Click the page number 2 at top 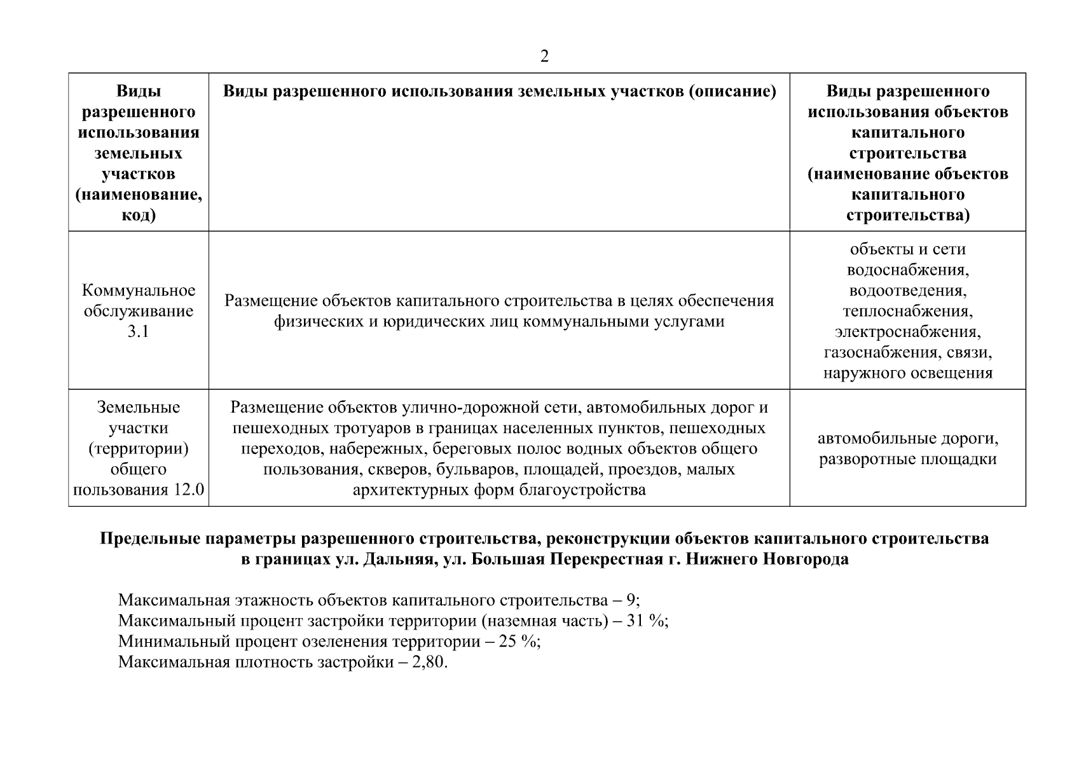pos(544,57)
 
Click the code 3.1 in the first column pos(138,332)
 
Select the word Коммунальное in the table pos(139,291)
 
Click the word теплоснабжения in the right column pos(907,312)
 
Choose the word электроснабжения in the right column pos(907,332)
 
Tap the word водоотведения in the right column pos(907,291)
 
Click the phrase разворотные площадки pos(907,459)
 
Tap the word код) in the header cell pos(138,215)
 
